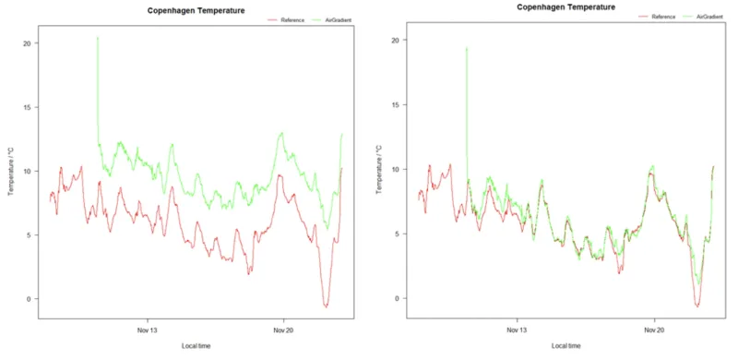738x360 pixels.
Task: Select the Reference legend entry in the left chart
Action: coord(283,18)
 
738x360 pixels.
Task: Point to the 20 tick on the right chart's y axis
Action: coord(395,41)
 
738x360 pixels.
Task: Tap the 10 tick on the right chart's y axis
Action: coord(395,170)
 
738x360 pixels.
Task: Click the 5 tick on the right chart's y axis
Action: coord(397,234)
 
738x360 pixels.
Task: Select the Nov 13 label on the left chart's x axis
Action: coord(148,330)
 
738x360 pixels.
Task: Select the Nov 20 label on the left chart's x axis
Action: coord(283,330)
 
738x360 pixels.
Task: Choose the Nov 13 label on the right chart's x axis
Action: coord(518,330)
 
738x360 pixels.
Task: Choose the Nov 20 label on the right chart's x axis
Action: coord(653,330)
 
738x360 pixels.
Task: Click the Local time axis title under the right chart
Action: coord(565,345)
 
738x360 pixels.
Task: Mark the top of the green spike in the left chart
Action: coord(98,38)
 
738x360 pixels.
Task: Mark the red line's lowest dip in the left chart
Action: coord(326,306)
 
